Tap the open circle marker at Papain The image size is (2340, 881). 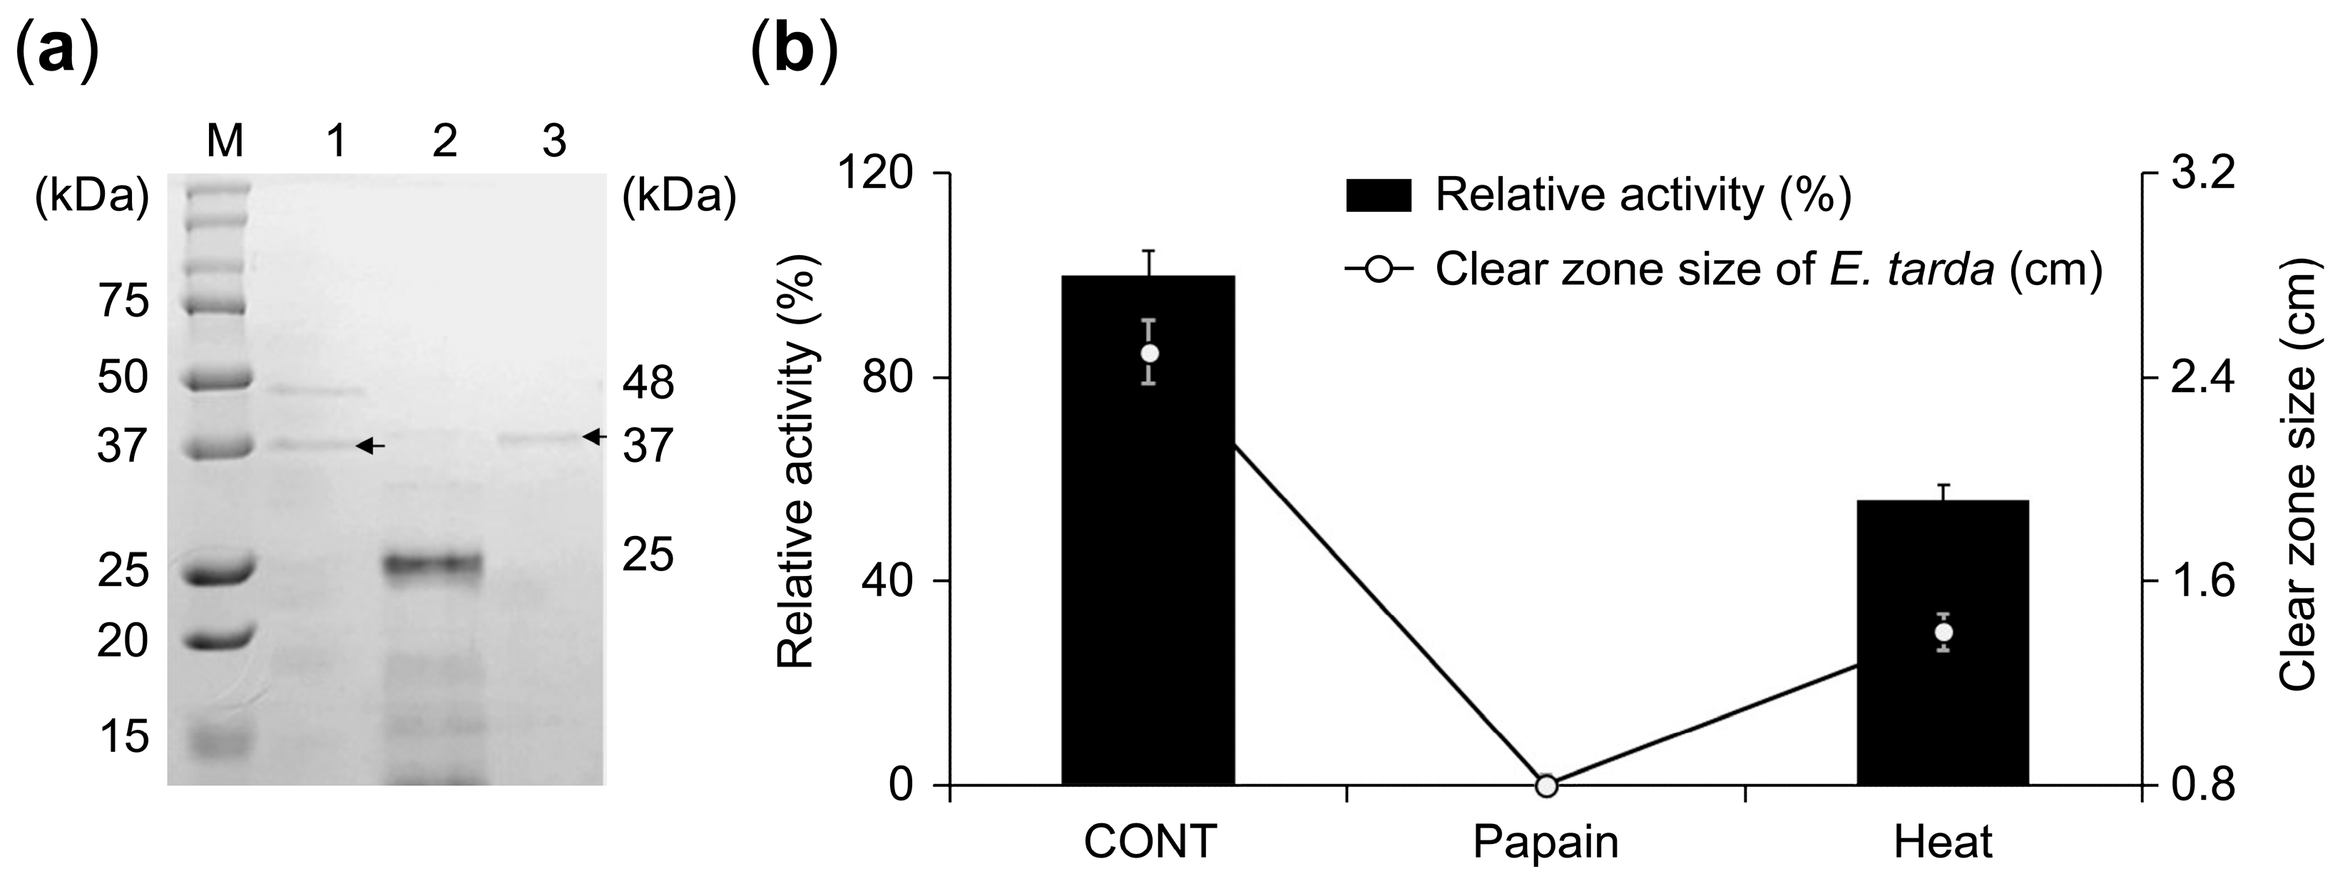tap(1546, 785)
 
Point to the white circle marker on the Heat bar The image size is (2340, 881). tap(1943, 632)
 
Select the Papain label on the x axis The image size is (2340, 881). tap(1545, 842)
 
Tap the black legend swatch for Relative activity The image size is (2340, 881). tap(1378, 195)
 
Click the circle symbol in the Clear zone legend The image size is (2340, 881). tap(1378, 269)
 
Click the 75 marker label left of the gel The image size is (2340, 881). tap(123, 301)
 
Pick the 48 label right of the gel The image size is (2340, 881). tap(648, 383)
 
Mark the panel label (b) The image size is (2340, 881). tap(794, 52)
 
